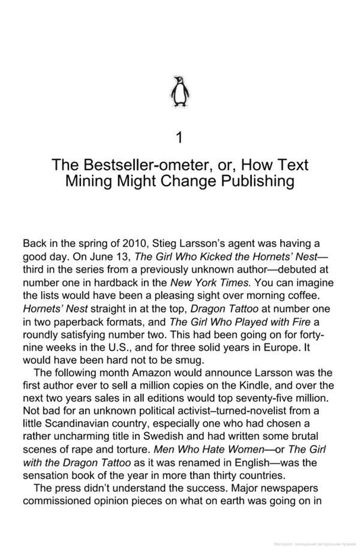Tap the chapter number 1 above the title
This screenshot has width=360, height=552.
(x=179, y=138)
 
